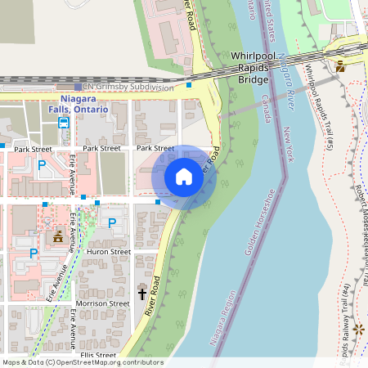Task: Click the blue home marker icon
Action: tap(184, 176)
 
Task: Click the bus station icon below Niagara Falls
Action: tap(63, 123)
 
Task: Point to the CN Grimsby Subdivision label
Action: tap(129, 87)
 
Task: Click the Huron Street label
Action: tap(109, 253)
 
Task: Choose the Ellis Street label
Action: tap(98, 355)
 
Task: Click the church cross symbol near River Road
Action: tap(141, 293)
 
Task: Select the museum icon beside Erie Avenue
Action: tap(58, 237)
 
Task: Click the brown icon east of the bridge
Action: tap(340, 66)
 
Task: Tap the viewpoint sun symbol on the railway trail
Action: tap(358, 328)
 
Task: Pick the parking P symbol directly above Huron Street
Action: tap(112, 222)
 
